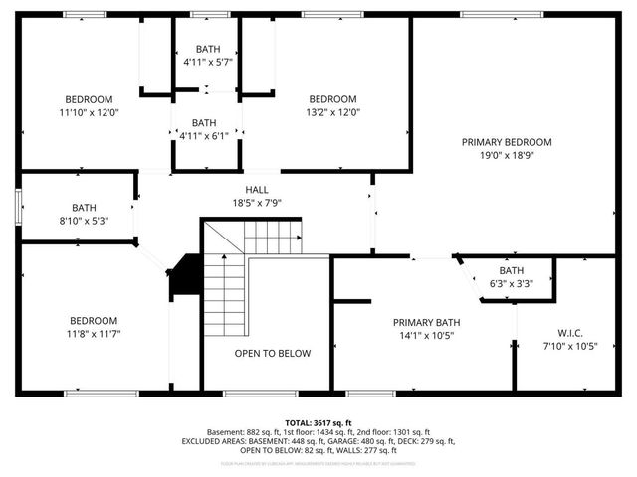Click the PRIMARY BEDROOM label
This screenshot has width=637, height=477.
(x=506, y=142)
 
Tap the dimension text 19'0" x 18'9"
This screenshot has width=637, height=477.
(x=506, y=155)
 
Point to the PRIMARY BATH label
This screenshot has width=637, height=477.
(x=426, y=322)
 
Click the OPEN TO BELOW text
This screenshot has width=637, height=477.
(x=272, y=353)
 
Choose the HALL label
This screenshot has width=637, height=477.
(x=257, y=189)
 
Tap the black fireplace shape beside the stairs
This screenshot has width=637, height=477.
(x=184, y=276)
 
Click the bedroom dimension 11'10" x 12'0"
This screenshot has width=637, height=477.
(x=89, y=112)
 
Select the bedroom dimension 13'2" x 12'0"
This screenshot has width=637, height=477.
(x=332, y=112)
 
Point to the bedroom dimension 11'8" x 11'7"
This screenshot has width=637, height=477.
(x=93, y=334)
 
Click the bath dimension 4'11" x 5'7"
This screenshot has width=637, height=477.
(x=207, y=62)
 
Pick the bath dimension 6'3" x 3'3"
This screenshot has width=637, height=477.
(x=511, y=283)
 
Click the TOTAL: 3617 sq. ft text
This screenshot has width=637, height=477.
(x=318, y=422)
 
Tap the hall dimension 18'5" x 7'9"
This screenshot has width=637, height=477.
(x=257, y=202)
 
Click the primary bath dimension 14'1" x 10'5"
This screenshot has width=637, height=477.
(x=426, y=335)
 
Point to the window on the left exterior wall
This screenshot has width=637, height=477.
(x=17, y=207)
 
